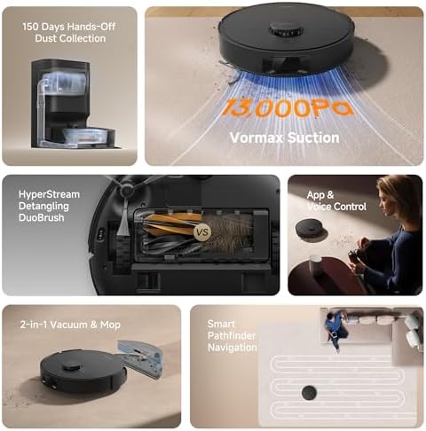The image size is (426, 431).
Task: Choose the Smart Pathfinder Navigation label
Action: pos(233,336)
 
